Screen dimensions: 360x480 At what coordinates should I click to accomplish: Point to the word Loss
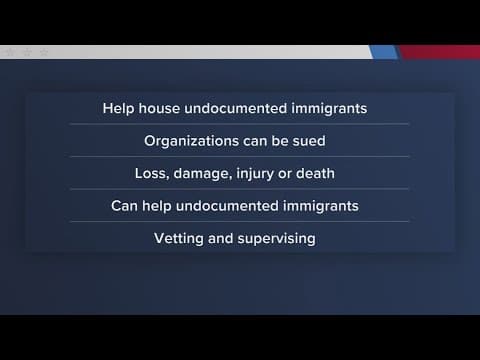tap(152, 173)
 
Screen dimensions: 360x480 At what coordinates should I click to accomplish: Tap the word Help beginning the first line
tap(120, 108)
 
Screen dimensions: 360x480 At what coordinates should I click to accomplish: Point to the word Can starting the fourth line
tap(126, 206)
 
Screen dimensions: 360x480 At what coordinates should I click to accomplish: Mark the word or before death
tap(294, 174)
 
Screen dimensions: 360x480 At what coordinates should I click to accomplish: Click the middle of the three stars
tap(27, 51)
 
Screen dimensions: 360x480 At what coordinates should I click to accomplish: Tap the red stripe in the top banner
tap(440, 51)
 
